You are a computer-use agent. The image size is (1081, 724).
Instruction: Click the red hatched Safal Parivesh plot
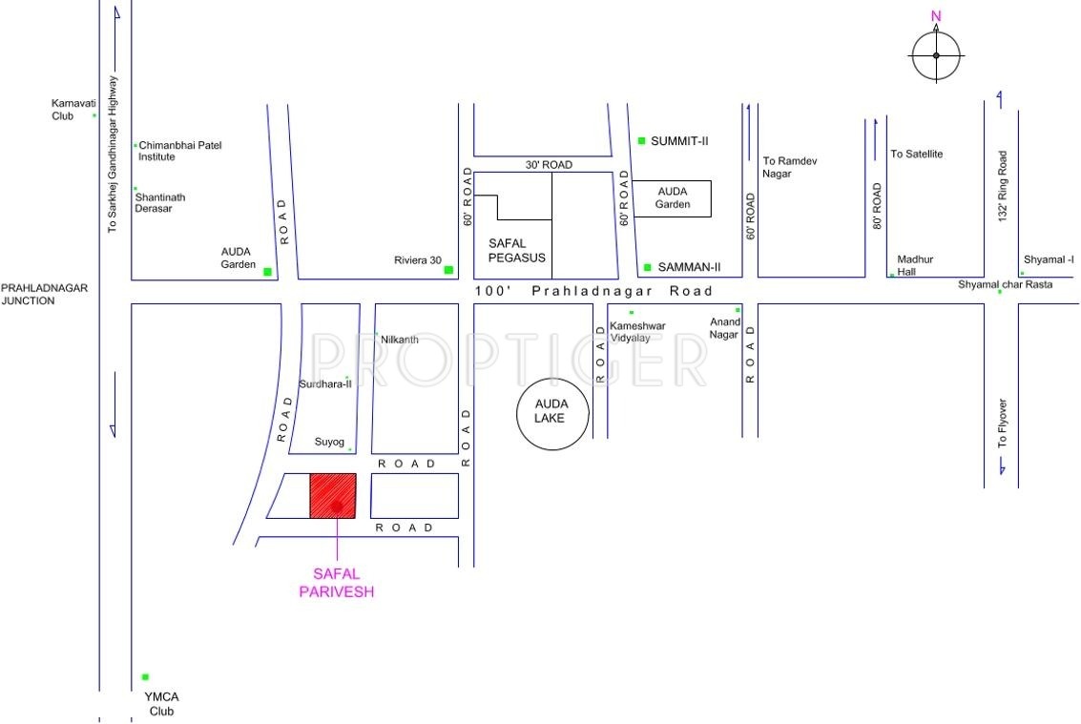point(333,496)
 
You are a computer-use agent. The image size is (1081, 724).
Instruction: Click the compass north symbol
point(935,54)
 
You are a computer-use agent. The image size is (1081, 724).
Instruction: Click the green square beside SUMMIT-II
point(642,140)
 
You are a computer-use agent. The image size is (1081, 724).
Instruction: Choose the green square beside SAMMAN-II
point(647,267)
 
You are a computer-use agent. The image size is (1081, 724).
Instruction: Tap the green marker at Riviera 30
point(448,270)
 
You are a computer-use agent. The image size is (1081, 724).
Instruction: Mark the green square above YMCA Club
point(145,677)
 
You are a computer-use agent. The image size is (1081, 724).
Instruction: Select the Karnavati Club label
point(69,110)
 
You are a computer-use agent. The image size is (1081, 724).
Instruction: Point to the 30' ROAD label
point(549,165)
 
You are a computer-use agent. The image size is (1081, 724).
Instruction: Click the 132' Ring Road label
point(1002,187)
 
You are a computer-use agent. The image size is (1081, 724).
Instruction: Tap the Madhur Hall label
point(914,265)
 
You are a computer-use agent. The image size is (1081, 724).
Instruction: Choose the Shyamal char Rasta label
point(1006,284)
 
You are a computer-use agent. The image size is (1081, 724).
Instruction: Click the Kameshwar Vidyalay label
point(637,332)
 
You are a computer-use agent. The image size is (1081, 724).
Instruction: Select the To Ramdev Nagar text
point(790,167)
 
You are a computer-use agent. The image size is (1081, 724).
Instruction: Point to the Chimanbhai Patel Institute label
point(182,151)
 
